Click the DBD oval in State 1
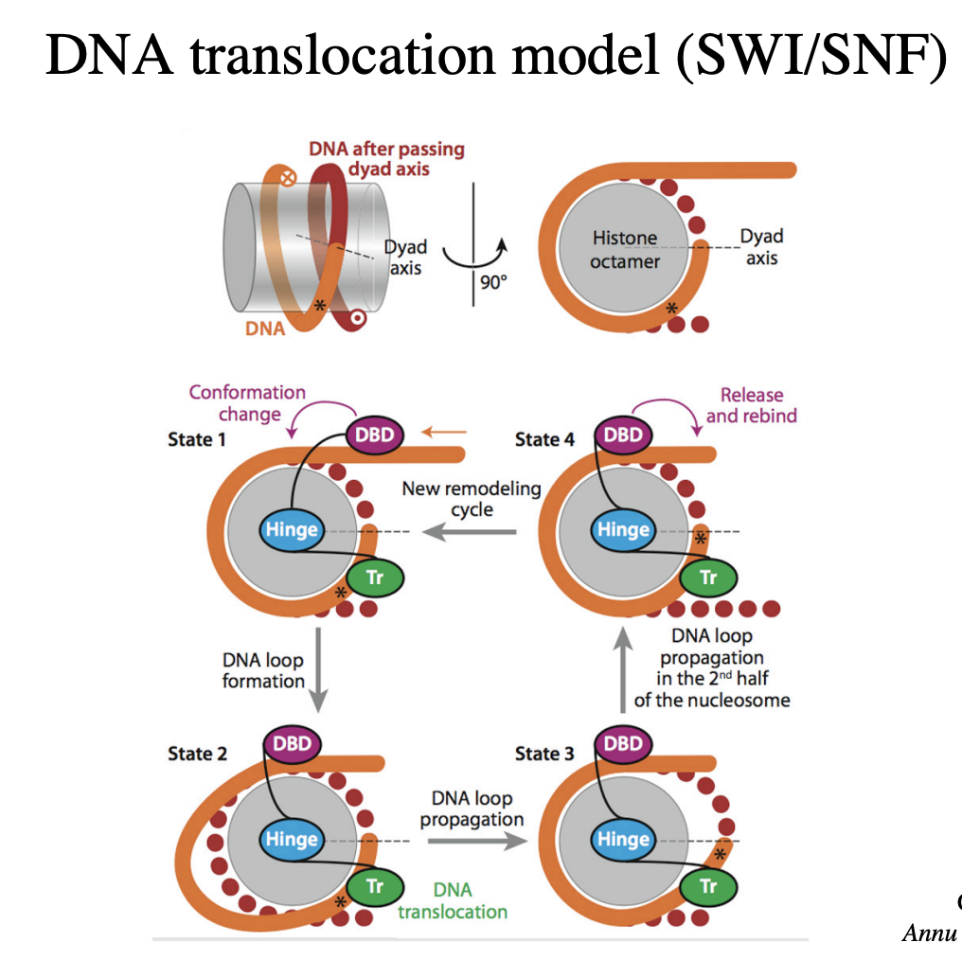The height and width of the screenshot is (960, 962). tap(374, 436)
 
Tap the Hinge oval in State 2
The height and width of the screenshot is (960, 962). tap(292, 840)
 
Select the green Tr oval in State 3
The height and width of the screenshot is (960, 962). tap(707, 886)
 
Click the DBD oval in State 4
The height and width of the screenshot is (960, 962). tap(622, 436)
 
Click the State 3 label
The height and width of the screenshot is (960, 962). tap(544, 754)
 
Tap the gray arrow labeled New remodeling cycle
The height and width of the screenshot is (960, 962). tap(470, 532)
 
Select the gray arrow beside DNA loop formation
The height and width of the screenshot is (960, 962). tap(318, 668)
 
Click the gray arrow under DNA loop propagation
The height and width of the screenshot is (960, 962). tap(472, 840)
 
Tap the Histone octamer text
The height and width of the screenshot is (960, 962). tap(625, 249)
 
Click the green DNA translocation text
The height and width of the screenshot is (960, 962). tap(452, 900)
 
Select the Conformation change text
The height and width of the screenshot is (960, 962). tap(248, 403)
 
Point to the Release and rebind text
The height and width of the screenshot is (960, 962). tap(751, 405)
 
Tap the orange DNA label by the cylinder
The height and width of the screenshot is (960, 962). tap(265, 329)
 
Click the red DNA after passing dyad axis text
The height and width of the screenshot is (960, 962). tap(386, 158)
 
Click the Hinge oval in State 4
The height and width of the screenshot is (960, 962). tap(622, 530)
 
